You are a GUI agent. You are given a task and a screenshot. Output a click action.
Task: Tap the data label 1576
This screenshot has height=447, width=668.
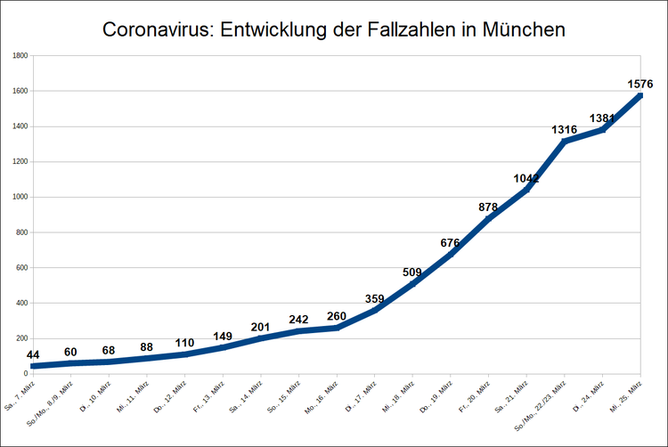[640, 84]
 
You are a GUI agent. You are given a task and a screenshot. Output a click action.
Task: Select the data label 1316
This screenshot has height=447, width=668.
[564, 130]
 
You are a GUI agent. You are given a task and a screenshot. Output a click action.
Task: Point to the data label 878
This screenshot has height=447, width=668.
[488, 207]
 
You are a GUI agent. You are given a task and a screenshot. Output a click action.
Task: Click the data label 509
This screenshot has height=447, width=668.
[412, 272]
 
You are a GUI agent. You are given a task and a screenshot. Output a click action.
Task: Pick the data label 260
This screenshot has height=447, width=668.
[337, 316]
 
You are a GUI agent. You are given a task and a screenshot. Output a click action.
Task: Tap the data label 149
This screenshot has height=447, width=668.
[223, 336]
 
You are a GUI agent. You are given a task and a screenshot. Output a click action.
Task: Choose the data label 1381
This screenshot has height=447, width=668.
[603, 118]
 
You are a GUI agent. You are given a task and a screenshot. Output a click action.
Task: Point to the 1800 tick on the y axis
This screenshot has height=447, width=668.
[20, 55]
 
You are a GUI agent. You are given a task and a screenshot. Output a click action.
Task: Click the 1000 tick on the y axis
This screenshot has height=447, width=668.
[20, 197]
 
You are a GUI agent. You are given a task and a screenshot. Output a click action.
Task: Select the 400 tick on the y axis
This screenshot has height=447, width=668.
[22, 303]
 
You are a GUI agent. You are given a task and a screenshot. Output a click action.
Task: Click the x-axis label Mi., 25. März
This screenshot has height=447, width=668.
[626, 396]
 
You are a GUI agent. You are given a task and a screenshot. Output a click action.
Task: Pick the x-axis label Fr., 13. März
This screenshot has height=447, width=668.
[208, 395]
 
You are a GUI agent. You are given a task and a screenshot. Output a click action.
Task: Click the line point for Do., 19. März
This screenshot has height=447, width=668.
[451, 255]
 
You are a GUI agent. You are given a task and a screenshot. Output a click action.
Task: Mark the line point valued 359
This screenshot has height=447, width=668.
[375, 311]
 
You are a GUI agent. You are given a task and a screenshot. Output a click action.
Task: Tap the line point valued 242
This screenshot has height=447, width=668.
[298, 331]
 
